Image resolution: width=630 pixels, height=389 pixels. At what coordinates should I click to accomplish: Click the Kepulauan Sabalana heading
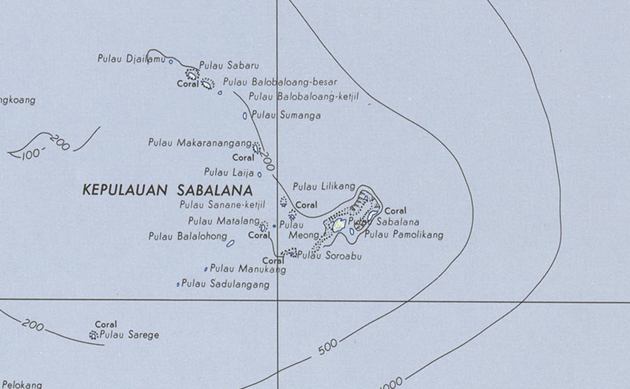(x=168, y=190)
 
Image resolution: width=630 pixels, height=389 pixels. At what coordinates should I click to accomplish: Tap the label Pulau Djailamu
(x=132, y=59)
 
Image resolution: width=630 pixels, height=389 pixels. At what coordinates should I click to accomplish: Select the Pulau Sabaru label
(x=229, y=66)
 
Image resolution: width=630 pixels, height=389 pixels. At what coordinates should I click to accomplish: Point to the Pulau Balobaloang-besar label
(x=280, y=82)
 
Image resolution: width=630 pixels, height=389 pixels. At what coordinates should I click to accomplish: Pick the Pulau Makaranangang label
(x=200, y=142)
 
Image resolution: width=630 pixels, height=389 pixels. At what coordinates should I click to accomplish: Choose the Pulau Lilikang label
(x=324, y=186)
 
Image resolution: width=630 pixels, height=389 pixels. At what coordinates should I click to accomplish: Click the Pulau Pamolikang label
(x=404, y=235)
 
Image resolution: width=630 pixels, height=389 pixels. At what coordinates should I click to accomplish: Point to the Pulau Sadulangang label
(x=226, y=284)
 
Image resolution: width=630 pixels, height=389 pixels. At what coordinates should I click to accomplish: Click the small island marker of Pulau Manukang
(x=206, y=269)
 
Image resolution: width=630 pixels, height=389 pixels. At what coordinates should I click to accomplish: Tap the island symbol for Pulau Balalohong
(x=230, y=243)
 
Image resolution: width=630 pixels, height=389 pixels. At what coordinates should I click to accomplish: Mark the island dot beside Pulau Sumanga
(x=245, y=116)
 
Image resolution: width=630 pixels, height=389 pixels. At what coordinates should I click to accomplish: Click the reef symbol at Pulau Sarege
(x=93, y=335)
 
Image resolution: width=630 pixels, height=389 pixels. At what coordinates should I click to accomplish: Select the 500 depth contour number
(x=328, y=347)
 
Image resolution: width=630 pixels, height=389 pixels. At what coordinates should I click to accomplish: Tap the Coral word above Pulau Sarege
(x=106, y=325)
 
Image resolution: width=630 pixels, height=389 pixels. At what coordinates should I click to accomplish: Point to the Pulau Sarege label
(x=129, y=335)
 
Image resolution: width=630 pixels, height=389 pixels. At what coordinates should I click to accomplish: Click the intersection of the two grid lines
(x=278, y=301)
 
